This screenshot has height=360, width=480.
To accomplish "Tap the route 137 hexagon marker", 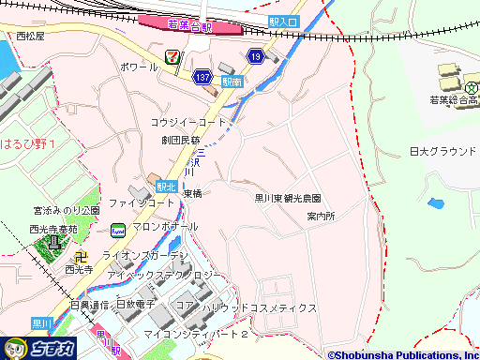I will pos(202,76).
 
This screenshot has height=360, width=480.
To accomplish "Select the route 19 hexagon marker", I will pos(255,58).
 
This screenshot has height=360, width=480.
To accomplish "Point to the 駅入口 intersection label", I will pos(282,21).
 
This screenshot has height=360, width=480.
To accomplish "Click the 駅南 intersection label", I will pos(232,82).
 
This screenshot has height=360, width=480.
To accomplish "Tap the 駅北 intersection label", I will pos(165,186).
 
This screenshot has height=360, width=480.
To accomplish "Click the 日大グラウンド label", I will pos(443,151).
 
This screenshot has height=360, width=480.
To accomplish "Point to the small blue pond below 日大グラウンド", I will pos(435,202).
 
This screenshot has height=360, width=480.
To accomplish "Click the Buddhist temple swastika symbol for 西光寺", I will pos(81,255).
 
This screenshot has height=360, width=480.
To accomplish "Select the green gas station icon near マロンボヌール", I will pos(119,228).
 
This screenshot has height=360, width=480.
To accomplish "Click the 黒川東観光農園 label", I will pos(288,199).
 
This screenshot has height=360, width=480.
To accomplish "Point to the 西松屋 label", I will pos(31,36).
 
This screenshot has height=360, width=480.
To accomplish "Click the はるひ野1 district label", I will pos(29,143).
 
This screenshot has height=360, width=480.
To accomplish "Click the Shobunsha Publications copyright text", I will pos(402,354).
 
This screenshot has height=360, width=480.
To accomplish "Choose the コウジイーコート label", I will pos(188,122).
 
